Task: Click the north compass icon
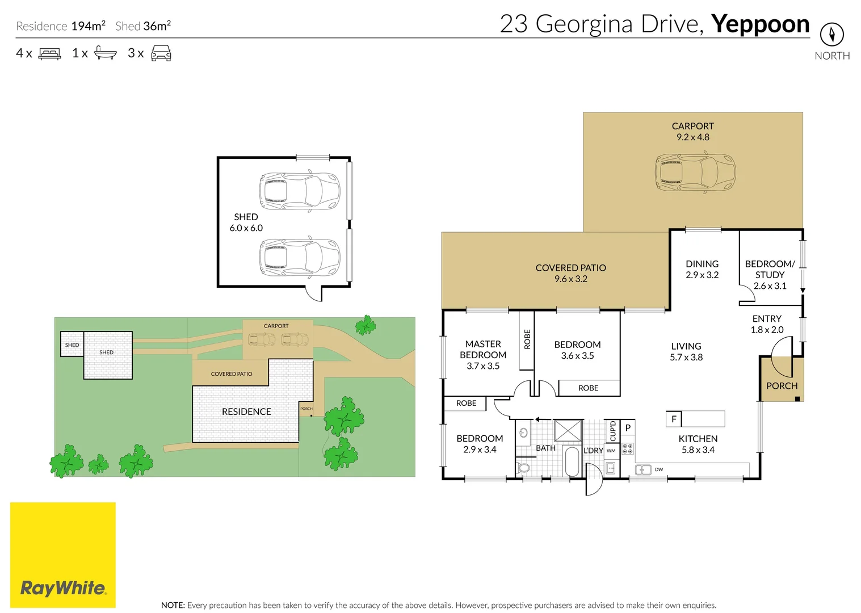(831, 35)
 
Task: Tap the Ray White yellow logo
(63, 555)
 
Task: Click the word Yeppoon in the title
(760, 24)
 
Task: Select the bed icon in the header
(49, 54)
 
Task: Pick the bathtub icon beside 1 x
(105, 53)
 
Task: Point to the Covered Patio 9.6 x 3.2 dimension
(570, 279)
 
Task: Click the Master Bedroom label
(483, 349)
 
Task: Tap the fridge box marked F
(674, 419)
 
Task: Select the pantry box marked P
(628, 428)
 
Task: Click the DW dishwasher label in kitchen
(659, 469)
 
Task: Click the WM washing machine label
(611, 451)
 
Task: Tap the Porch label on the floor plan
(782, 386)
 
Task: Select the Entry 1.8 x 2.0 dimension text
(767, 330)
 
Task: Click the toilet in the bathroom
(524, 468)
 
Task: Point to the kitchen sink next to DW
(642, 469)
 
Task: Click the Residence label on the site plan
(246, 412)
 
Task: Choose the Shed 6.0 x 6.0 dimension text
(246, 228)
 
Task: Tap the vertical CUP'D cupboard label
(612, 431)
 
